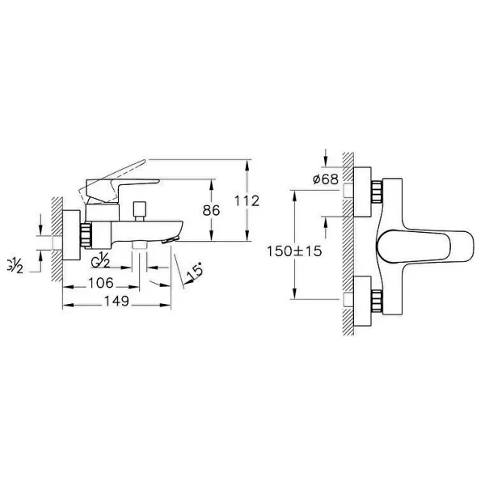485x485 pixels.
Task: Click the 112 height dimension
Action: click(x=247, y=201)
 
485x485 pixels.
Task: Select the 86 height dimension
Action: click(x=211, y=210)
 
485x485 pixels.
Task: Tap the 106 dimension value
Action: click(x=101, y=283)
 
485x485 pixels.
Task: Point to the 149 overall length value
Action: click(x=116, y=301)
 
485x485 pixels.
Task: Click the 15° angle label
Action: click(x=195, y=272)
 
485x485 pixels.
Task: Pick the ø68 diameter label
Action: click(x=326, y=179)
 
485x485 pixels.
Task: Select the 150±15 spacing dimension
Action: click(x=294, y=251)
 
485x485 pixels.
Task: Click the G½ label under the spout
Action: click(x=100, y=259)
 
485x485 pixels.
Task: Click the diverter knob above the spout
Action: click(x=139, y=211)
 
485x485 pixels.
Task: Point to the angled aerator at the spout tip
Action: click(x=171, y=239)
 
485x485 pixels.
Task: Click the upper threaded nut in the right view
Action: click(x=377, y=192)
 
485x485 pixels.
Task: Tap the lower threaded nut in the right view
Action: click(x=377, y=300)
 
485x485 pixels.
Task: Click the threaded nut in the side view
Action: click(x=86, y=234)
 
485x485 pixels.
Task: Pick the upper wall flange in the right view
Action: click(x=362, y=192)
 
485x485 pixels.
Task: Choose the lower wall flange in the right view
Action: click(x=362, y=301)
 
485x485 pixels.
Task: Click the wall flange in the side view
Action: click(x=71, y=235)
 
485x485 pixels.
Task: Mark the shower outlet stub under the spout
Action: click(x=139, y=245)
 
